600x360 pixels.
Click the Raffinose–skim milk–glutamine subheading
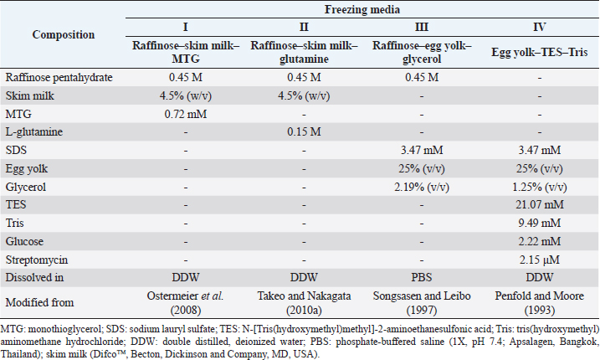[288, 53]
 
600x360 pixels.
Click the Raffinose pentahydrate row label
[58, 77]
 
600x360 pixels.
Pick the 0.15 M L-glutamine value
[288, 132]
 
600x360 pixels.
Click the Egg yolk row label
[26, 169]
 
